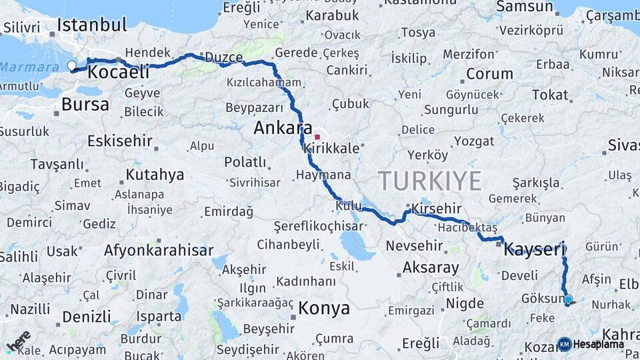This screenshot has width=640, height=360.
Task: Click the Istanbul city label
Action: point(91,25)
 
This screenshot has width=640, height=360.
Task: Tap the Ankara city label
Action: point(283,127)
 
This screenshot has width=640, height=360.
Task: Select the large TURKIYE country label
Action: point(429,181)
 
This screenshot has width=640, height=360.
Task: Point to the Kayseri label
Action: point(534,249)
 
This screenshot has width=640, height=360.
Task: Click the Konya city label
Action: point(323,308)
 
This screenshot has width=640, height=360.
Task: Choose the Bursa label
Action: point(85,104)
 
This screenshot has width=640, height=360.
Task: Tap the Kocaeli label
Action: point(119,72)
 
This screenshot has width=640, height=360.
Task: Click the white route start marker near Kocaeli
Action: point(71,65)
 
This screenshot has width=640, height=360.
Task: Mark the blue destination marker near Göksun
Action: point(568,299)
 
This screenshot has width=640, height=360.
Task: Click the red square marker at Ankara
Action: point(317,137)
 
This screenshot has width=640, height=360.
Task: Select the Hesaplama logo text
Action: point(598,344)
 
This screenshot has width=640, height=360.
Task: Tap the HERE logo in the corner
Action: point(19,341)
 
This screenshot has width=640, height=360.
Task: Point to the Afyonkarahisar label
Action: point(159,251)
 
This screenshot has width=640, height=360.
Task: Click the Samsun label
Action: point(525,7)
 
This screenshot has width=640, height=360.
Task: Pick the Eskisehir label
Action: point(120,141)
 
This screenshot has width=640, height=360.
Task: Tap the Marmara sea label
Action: point(29,67)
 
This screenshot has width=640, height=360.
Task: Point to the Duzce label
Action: point(223,57)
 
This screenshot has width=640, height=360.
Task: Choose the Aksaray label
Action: point(431,268)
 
